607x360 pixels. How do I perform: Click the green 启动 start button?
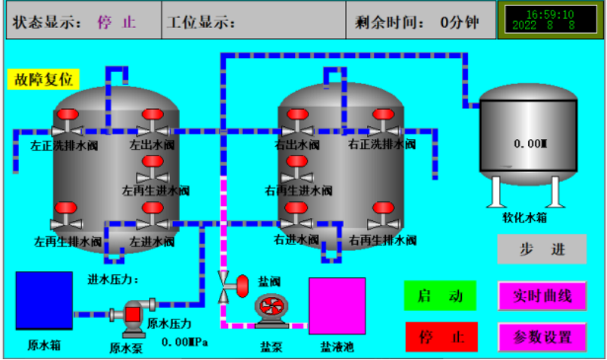pyautogui.click(x=440, y=296)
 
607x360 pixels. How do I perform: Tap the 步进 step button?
pyautogui.click(x=542, y=249)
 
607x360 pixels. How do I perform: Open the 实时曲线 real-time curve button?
pyautogui.click(x=542, y=296)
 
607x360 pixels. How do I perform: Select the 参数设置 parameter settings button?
pyautogui.click(x=542, y=337)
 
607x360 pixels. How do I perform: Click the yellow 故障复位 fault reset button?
pyautogui.click(x=44, y=79)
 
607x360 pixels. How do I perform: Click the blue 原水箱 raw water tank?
pyautogui.click(x=44, y=301)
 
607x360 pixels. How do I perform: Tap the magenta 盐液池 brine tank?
pyautogui.click(x=337, y=306)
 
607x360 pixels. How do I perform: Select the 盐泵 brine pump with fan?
pyautogui.click(x=272, y=310)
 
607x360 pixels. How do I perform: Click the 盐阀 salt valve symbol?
pyautogui.click(x=233, y=286)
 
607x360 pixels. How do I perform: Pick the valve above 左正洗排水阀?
pyautogui.click(x=67, y=123)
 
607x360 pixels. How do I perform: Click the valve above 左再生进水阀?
pyautogui.click(x=153, y=168)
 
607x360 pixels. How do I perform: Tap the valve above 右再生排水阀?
pyautogui.click(x=384, y=216)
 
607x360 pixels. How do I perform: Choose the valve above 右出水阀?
pyautogui.click(x=297, y=123)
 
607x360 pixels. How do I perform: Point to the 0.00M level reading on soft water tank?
pyautogui.click(x=530, y=144)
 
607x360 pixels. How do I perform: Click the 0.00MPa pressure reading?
pyautogui.click(x=184, y=342)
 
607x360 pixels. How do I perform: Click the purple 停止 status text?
pyautogui.click(x=117, y=23)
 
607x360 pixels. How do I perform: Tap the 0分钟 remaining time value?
pyautogui.click(x=460, y=23)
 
